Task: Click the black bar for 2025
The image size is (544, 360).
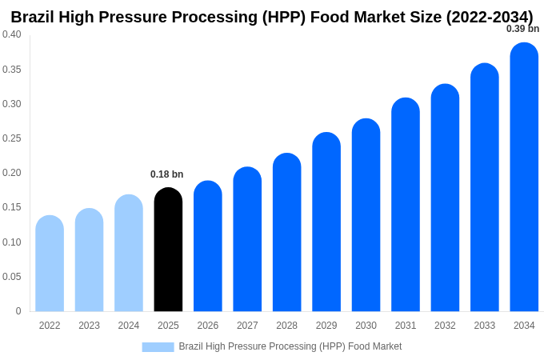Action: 168,250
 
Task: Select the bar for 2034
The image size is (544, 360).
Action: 524,178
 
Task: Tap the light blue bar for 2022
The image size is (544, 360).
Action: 50,264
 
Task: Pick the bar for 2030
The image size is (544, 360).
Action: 366,215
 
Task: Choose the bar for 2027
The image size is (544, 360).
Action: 247,239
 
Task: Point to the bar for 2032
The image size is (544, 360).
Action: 445,198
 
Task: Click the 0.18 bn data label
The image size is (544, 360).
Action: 166,174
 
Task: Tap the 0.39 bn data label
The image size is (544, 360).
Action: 522,29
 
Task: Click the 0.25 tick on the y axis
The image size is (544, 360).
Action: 12,138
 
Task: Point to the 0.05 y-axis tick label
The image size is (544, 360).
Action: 12,277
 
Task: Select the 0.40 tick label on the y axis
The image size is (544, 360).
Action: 12,34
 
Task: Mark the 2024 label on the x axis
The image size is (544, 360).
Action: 129,326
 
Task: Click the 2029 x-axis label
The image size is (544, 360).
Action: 326,326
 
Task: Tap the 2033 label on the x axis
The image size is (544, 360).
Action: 484,326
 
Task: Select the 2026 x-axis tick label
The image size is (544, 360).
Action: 208,326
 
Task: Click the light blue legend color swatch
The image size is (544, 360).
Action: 158,346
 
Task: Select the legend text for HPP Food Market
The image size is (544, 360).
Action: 290,346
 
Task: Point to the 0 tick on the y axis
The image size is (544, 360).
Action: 18,311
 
